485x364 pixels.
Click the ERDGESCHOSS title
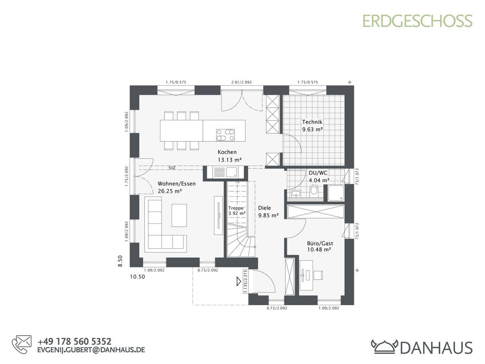[417, 21]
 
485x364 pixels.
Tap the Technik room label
[312, 122]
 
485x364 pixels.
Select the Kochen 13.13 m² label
[229, 156]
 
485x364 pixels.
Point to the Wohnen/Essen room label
[176, 184]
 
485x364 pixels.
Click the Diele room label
[264, 208]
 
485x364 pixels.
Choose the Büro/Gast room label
[320, 243]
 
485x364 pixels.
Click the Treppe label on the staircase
[236, 208]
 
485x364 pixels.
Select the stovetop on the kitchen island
[225, 135]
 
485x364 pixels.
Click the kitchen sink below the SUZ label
[225, 172]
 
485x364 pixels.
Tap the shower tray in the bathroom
[336, 193]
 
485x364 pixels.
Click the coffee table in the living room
[179, 215]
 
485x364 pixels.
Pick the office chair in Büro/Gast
[318, 275]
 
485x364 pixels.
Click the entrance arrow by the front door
[239, 281]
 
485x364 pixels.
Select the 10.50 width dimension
[137, 276]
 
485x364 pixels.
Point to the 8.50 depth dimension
[120, 261]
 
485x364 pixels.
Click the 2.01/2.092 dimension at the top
[241, 82]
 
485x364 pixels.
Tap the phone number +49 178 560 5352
[74, 341]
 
